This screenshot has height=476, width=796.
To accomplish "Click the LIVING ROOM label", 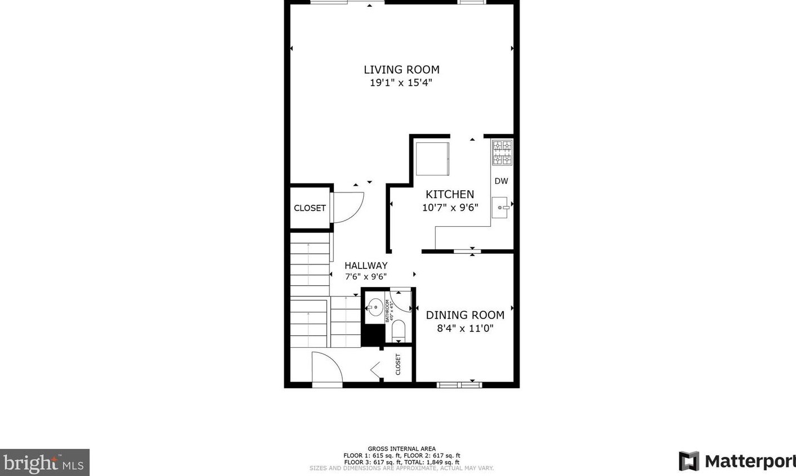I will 401,70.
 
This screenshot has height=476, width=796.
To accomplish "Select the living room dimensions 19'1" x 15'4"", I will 401,83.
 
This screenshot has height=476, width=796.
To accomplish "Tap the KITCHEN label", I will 450,194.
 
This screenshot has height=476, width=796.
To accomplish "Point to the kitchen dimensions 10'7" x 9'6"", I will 450,207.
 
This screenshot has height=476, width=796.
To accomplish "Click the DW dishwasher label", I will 501,181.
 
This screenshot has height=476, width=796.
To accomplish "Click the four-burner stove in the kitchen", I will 502,152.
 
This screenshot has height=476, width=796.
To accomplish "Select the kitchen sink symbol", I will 500,208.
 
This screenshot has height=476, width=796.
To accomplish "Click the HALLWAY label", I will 366,266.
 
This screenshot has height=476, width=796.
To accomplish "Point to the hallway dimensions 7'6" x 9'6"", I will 366,276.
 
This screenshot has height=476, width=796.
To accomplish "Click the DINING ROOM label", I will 465,316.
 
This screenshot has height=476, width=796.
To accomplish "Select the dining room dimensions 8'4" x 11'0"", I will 465,328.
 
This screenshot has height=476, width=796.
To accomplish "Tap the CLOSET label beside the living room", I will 310,208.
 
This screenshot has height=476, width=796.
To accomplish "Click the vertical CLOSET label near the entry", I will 398,364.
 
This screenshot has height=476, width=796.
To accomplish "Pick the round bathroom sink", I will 374,307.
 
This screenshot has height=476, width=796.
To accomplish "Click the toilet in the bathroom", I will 399,330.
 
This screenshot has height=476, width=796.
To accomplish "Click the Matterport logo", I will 736,461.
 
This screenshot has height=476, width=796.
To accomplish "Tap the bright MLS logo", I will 44,462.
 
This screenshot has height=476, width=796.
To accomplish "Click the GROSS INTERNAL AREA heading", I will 401,449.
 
